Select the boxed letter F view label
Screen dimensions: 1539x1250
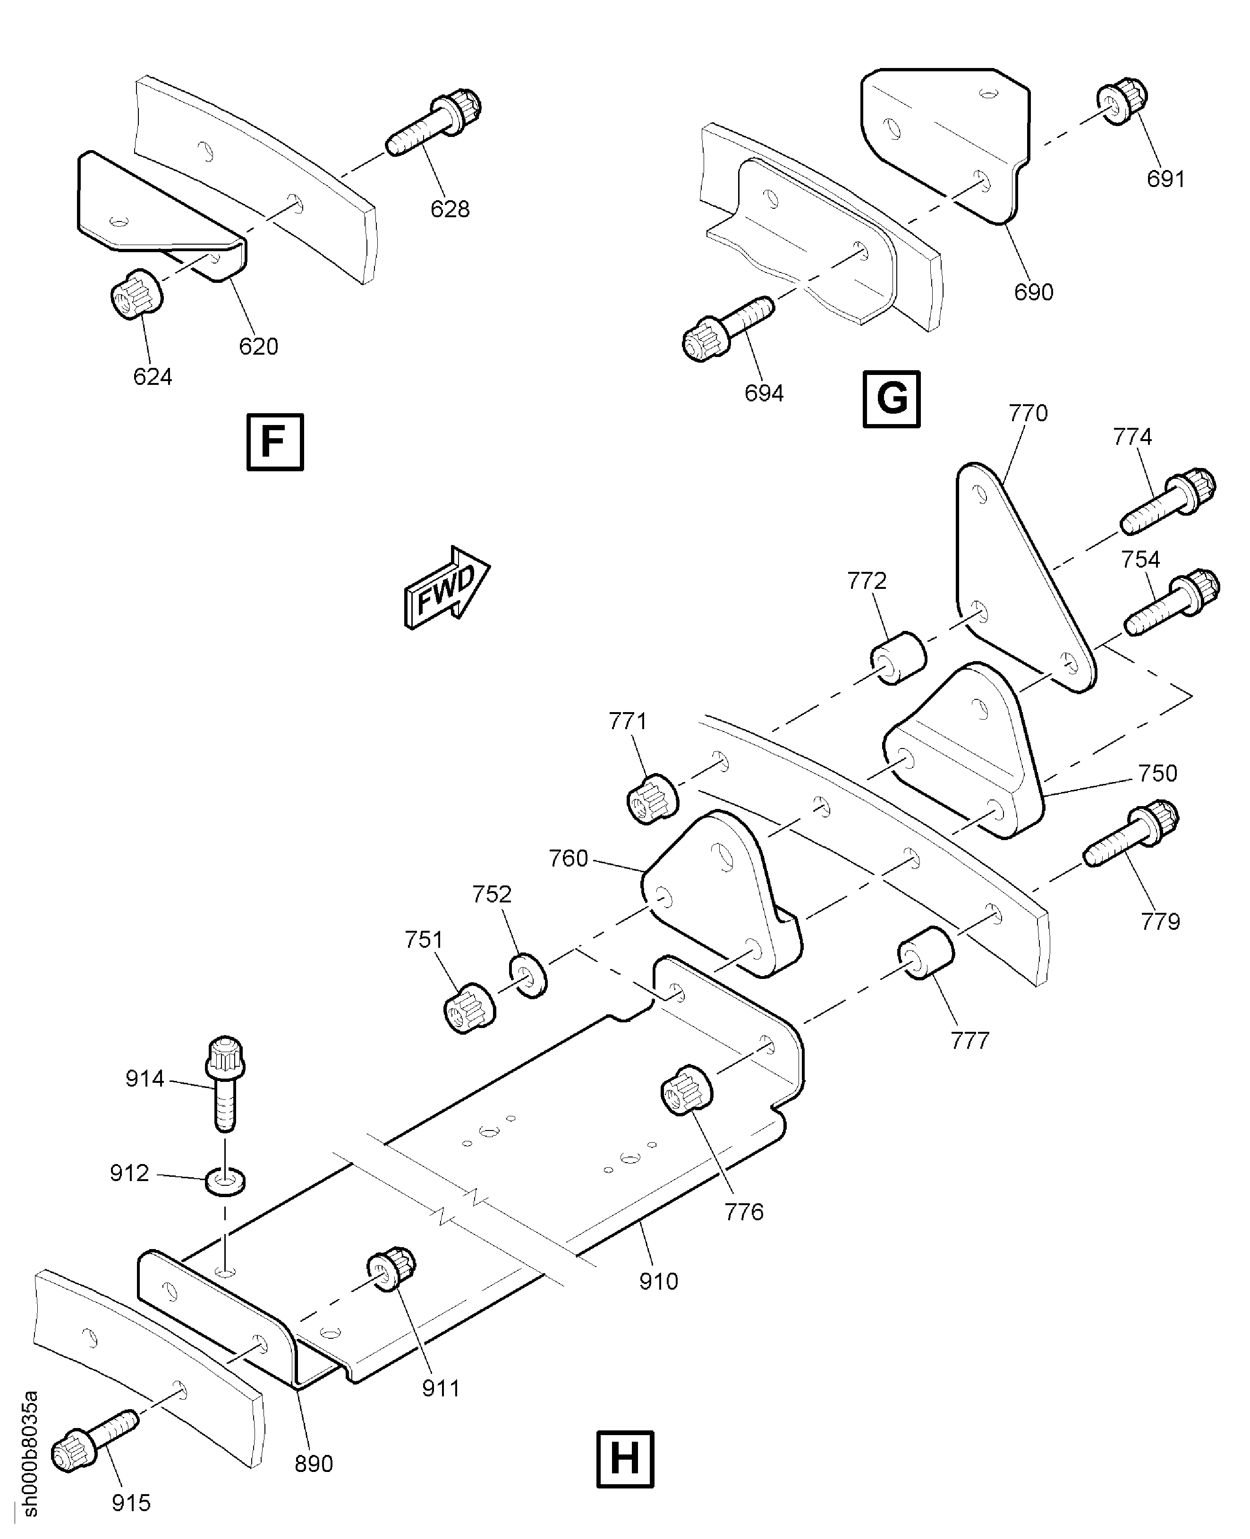[275, 442]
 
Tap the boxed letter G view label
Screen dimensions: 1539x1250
[892, 399]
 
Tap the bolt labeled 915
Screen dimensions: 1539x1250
[94, 1440]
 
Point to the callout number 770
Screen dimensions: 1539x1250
[1028, 413]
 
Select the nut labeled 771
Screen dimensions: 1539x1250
[652, 798]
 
